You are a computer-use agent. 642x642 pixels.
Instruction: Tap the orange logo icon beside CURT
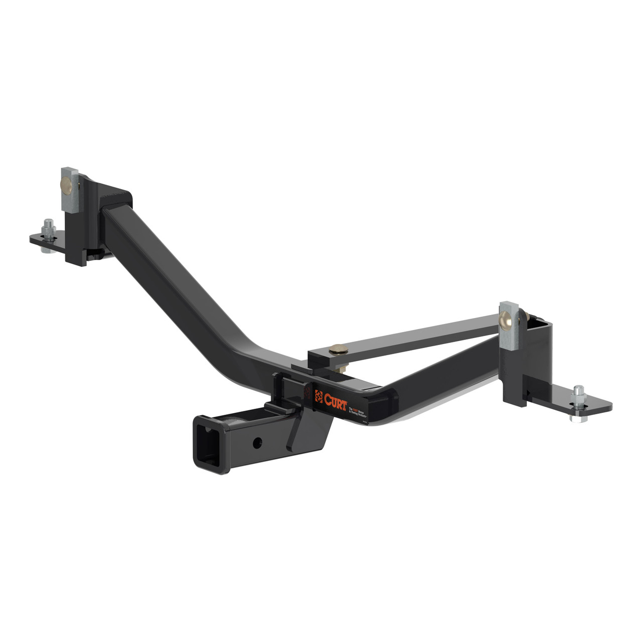click(318, 396)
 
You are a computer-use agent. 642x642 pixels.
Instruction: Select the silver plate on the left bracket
click(70, 190)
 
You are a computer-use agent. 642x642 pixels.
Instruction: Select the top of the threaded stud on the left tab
click(48, 221)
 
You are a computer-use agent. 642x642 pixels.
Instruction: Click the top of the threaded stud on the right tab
click(579, 388)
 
